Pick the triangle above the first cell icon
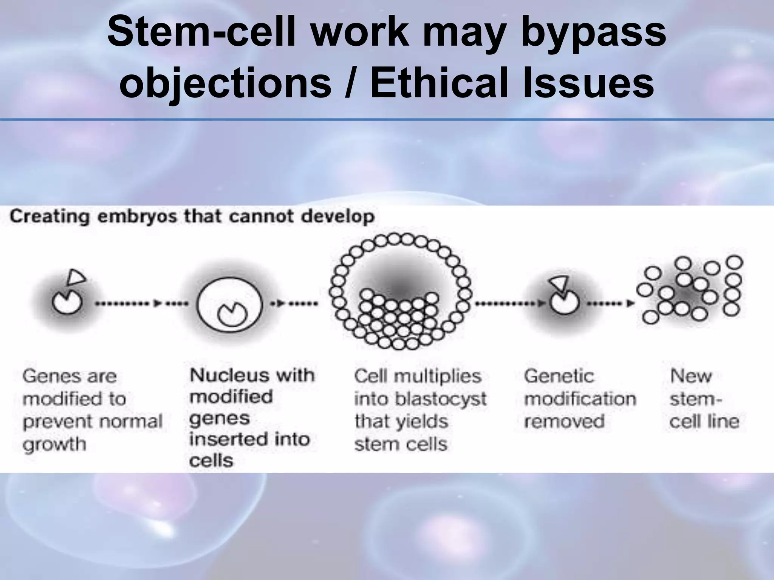(76, 278)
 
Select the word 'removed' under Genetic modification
(564, 421)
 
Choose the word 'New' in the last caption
(690, 376)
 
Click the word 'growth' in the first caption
(54, 445)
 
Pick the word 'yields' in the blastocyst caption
(425, 422)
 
